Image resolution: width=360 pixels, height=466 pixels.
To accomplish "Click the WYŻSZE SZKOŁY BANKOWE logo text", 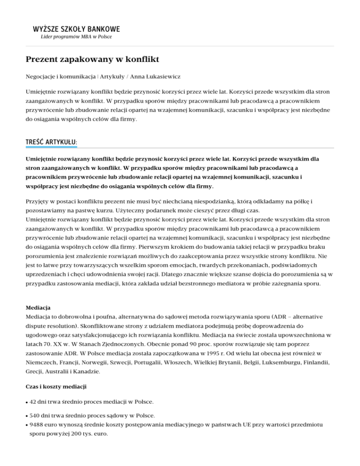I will (76, 29).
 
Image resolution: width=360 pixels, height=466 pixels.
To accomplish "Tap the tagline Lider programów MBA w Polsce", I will (76, 37).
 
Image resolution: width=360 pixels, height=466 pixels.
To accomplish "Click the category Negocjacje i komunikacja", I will (57, 75).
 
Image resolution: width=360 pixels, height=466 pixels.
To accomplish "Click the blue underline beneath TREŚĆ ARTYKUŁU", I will (51, 147).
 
